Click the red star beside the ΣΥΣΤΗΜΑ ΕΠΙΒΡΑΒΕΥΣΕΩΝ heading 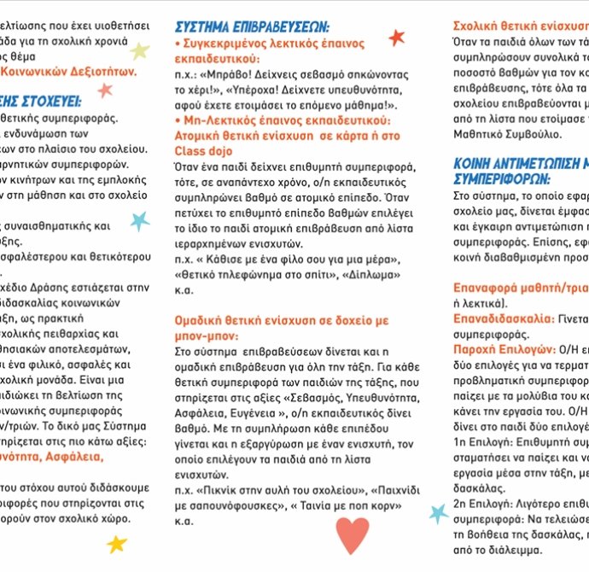coord(396,37)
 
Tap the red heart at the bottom coord(352,535)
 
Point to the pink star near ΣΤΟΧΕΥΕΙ coord(105,90)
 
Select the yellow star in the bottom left coord(117,543)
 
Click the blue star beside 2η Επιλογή coord(438,513)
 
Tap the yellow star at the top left coord(139,50)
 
